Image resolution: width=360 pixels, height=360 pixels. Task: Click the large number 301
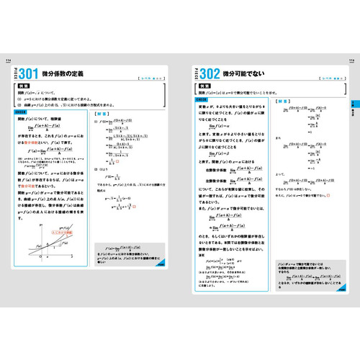[33, 73]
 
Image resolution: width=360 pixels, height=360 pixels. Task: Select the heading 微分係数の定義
[71, 74]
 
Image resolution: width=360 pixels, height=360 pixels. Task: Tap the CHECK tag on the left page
[21, 112]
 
